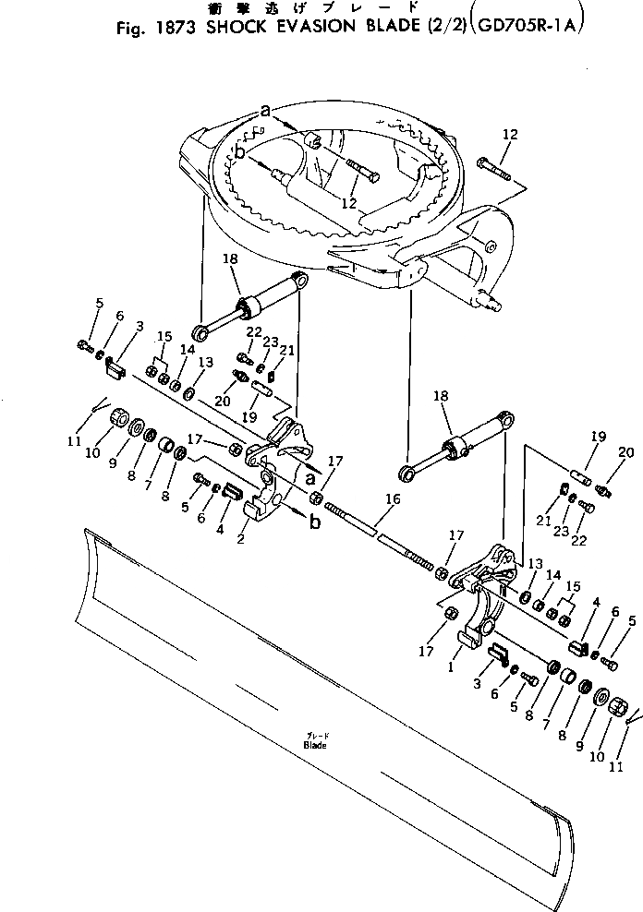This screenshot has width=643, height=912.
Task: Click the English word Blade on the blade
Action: click(314, 745)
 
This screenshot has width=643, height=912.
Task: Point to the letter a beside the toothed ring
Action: click(266, 111)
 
